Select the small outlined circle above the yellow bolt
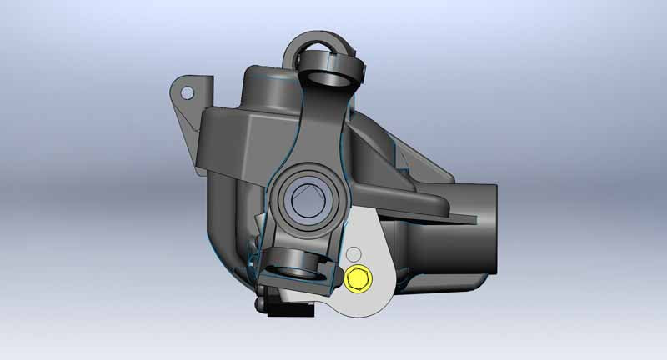point(354,252)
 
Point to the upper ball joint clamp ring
point(328,70)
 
